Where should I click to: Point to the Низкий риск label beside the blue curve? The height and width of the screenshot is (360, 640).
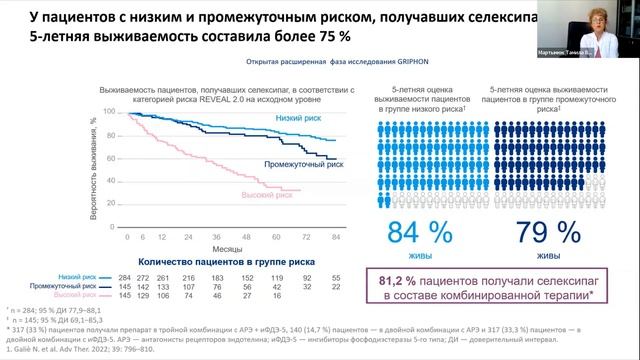tap(299, 117)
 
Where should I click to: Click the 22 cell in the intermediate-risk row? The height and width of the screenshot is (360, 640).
tap(335, 286)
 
